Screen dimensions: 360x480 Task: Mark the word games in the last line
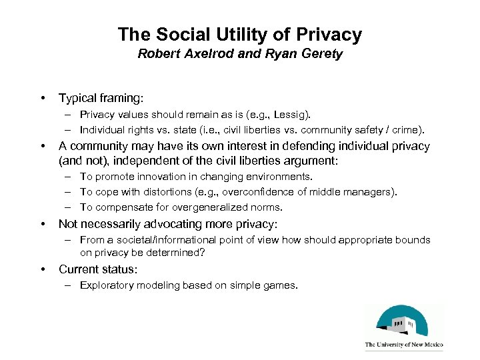pos(280,285)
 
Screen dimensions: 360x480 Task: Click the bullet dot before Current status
pos(43,269)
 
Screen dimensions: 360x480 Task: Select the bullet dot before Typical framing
pos(43,98)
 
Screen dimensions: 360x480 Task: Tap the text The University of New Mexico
pos(403,345)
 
